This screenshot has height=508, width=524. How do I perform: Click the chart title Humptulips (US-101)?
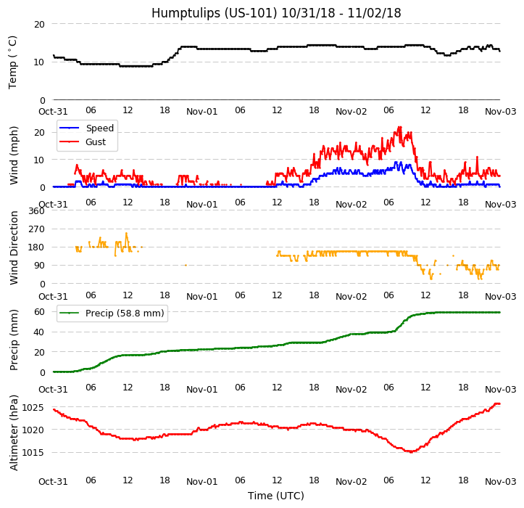276,13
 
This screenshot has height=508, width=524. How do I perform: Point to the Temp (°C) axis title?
13,62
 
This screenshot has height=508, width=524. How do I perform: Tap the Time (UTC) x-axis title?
276,496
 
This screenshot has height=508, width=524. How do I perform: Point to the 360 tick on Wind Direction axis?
36,211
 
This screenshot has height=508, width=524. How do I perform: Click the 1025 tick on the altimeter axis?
33,407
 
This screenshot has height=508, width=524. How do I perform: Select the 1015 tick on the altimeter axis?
33,453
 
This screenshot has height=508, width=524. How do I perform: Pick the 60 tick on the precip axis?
40,311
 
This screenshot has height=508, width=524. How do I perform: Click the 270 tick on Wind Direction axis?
36,229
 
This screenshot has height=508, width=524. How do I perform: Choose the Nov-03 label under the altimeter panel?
500,481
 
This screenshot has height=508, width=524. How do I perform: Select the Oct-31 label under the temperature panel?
53,111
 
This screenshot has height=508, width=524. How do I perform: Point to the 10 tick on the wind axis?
40,160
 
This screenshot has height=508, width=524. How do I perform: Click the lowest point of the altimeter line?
411,452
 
